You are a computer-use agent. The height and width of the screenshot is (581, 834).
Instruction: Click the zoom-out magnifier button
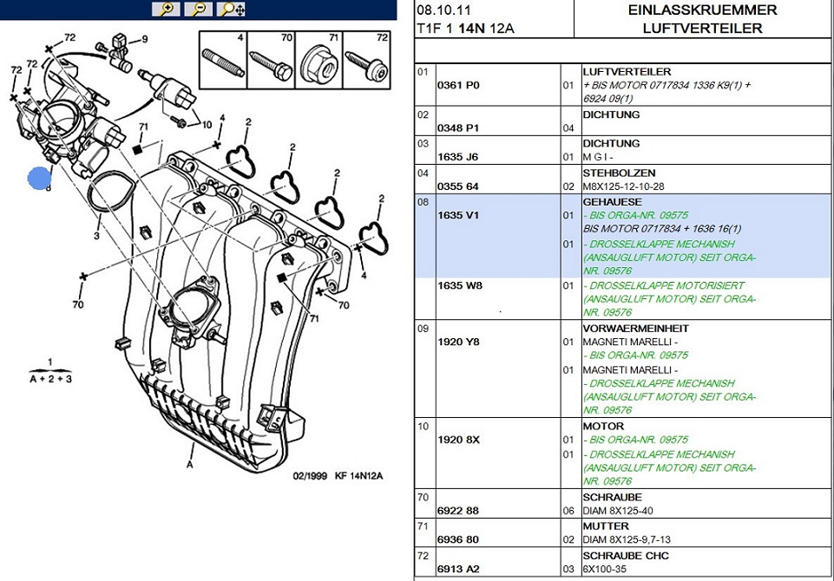pyautogui.click(x=199, y=10)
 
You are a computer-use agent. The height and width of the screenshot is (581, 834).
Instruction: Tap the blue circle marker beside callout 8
pyautogui.click(x=39, y=179)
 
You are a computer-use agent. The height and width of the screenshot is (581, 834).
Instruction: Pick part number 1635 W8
pyautogui.click(x=459, y=285)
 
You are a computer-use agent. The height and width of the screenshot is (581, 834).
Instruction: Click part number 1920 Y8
pyautogui.click(x=459, y=342)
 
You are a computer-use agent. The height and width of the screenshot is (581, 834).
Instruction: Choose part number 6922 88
pyautogui.click(x=458, y=511)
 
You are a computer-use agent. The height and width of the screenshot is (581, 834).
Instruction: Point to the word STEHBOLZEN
pyautogui.click(x=619, y=173)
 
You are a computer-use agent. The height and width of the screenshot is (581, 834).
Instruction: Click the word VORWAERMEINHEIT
pyautogui.click(x=635, y=329)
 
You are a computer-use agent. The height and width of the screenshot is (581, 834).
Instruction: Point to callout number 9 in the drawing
pyautogui.click(x=145, y=39)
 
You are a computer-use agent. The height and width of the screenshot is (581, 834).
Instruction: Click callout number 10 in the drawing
pyautogui.click(x=207, y=125)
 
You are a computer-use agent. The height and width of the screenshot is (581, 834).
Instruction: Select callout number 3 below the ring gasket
pyautogui.click(x=97, y=235)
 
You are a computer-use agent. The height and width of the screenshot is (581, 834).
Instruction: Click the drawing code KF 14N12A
pyautogui.click(x=358, y=476)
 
